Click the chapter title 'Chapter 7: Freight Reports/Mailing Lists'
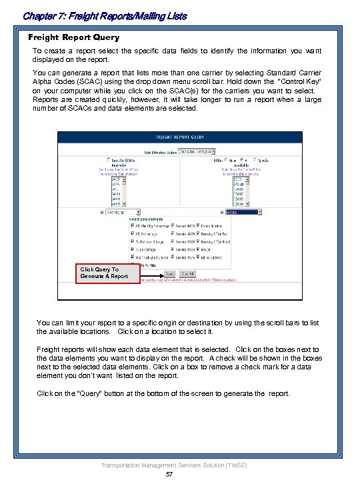(x=104, y=15)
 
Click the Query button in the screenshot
(x=169, y=273)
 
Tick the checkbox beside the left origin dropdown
(x=102, y=213)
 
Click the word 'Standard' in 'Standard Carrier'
(x=273, y=72)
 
